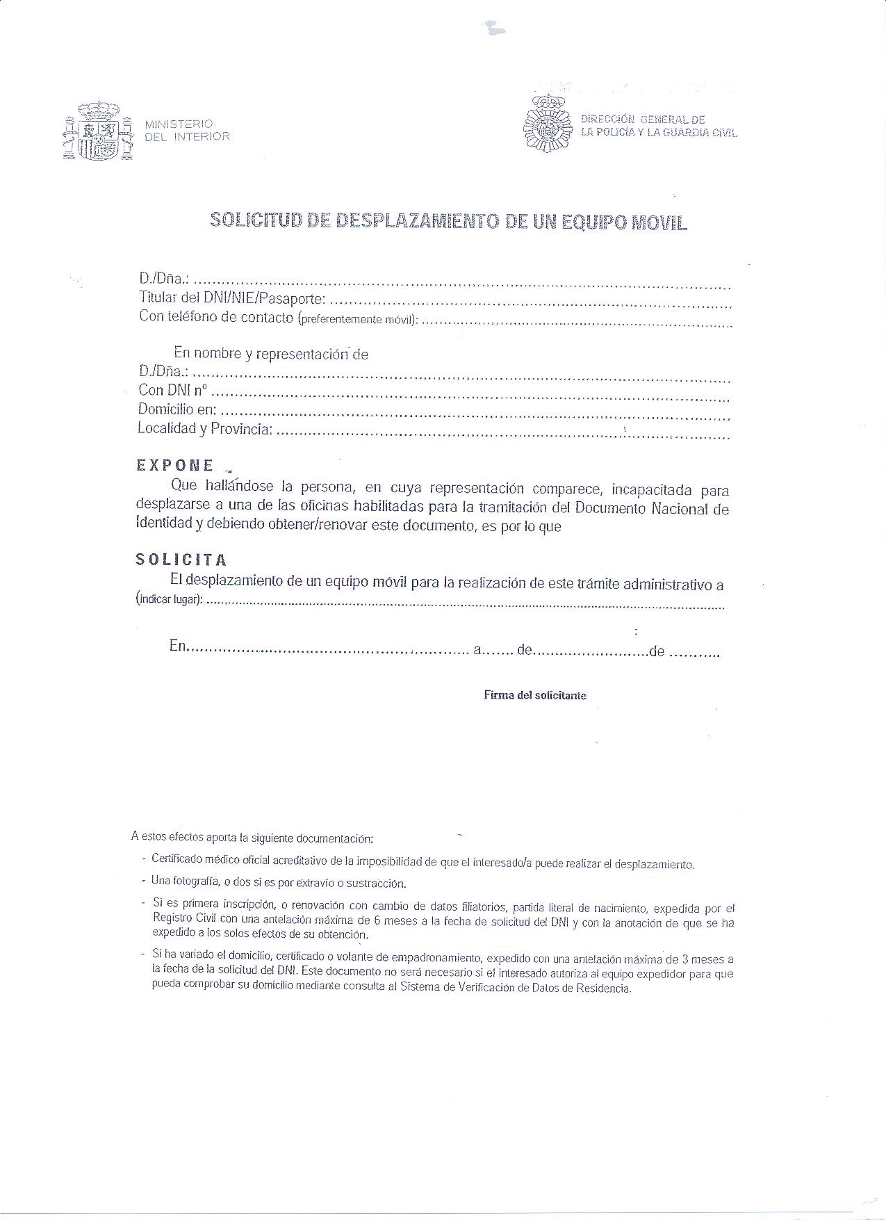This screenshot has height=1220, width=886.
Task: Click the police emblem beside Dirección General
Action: [550, 124]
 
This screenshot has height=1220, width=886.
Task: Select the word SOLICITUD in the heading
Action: [256, 220]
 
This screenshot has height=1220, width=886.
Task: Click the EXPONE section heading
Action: [175, 466]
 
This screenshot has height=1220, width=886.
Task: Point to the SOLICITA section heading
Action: [181, 560]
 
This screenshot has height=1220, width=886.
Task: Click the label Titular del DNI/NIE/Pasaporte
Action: [232, 298]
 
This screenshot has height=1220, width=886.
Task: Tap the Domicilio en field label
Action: [177, 409]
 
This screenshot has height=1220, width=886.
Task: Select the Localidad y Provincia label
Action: [204, 428]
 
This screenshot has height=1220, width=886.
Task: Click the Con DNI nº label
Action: [173, 390]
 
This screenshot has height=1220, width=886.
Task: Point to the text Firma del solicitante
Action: [535, 695]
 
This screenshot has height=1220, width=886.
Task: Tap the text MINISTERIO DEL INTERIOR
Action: [186, 130]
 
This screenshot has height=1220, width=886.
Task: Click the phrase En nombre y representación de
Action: [271, 353]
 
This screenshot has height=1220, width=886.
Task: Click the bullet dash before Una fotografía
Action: [142, 881]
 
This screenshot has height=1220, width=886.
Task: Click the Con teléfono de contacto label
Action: [216, 317]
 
